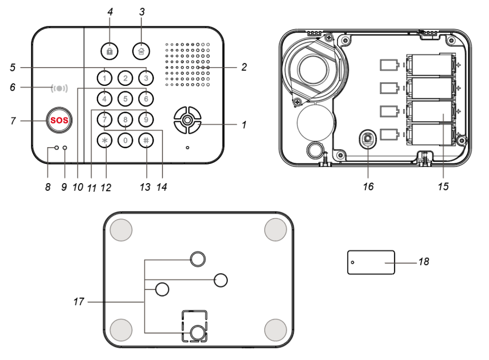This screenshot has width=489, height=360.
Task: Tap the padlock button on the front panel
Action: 109,50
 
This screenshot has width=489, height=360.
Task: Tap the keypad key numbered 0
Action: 125,141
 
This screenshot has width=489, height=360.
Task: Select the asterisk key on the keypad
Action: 105,141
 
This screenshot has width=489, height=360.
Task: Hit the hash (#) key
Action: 146,141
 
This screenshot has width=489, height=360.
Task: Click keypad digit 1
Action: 105,77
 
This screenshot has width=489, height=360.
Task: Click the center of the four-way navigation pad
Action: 187,120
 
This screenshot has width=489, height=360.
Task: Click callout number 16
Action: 368,186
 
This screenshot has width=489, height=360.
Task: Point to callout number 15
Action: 443,186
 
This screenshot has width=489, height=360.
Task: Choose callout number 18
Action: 423,262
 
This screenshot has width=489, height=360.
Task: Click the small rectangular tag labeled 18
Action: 371,262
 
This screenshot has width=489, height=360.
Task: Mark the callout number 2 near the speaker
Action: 244,67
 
